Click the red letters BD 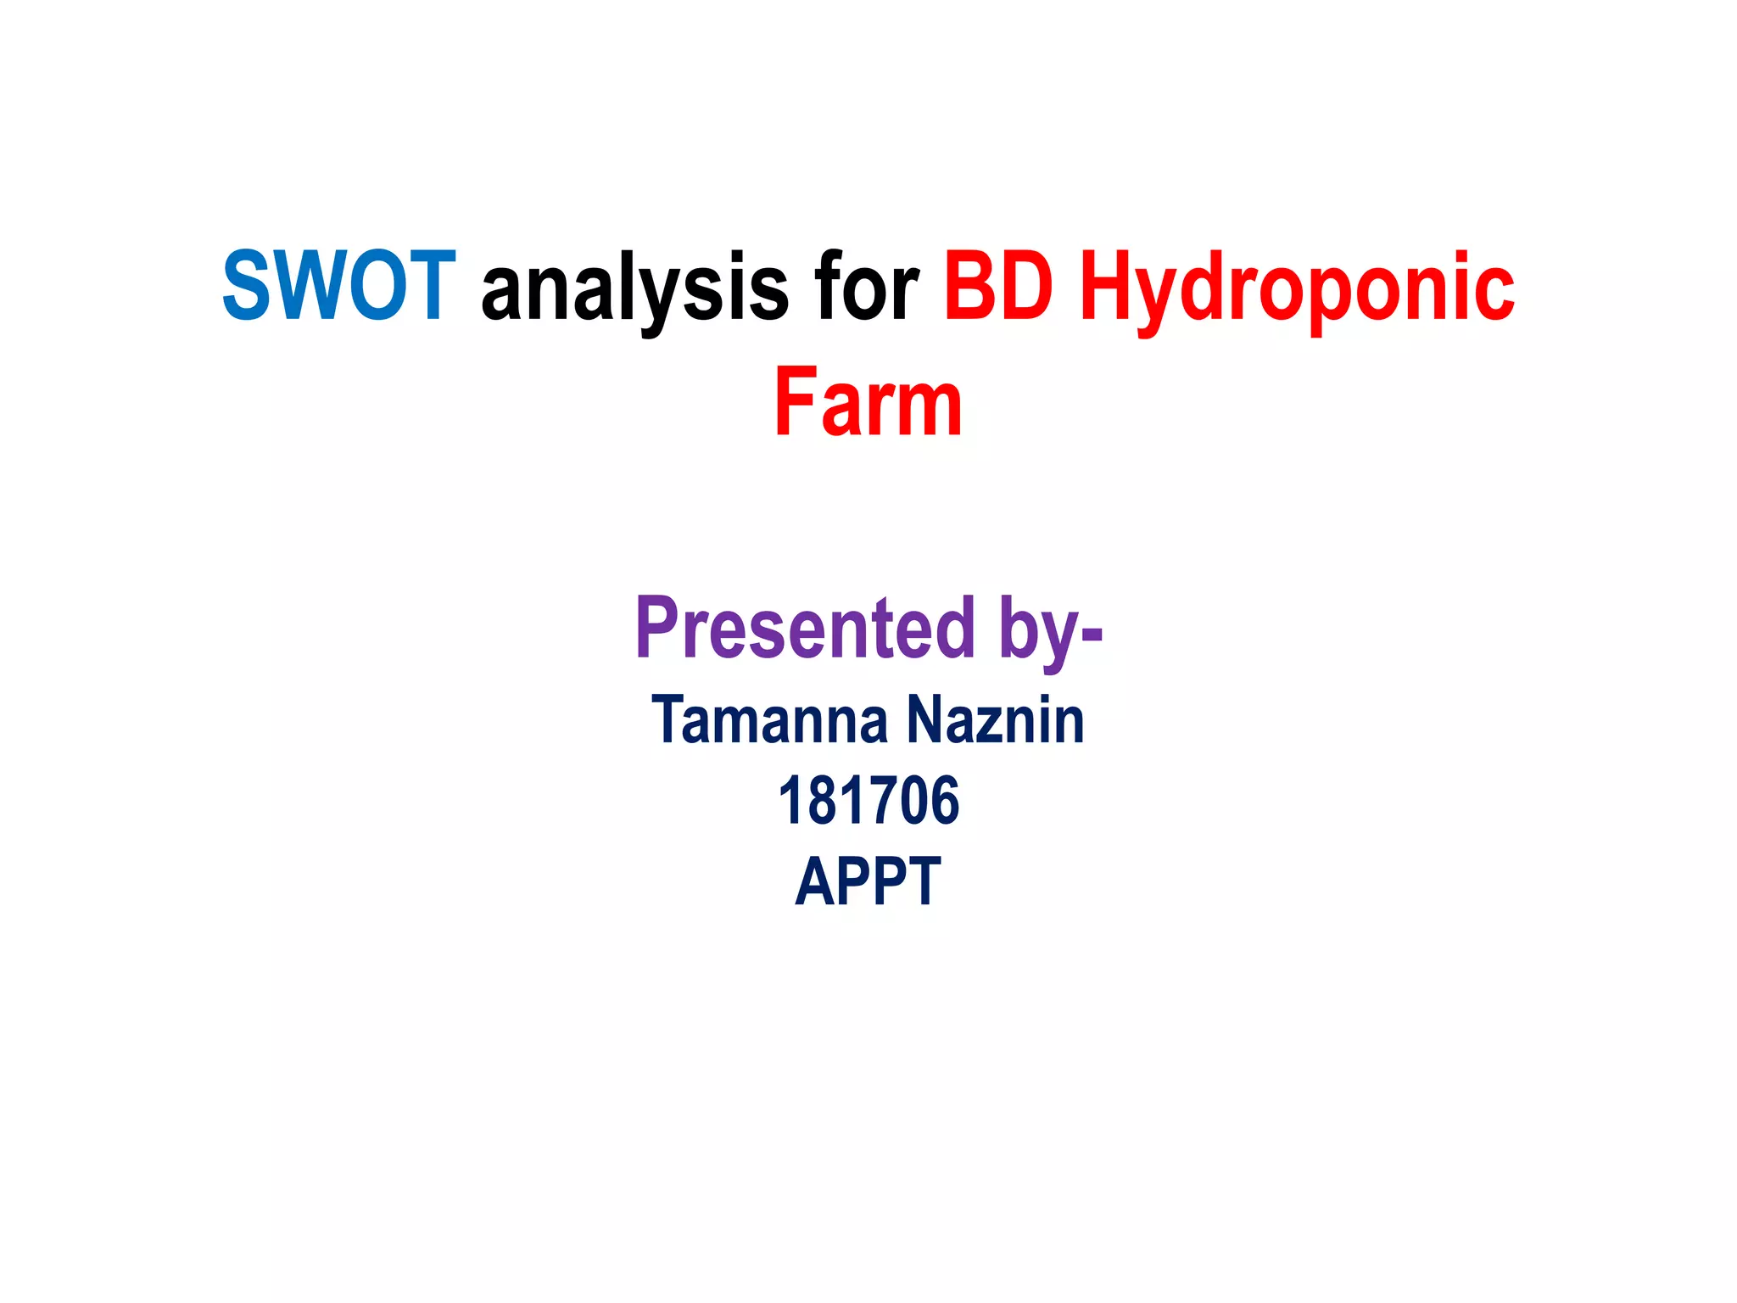pyautogui.click(x=998, y=286)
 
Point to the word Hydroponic pyautogui.click(x=1296, y=288)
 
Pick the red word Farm pyautogui.click(x=868, y=402)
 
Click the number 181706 pyautogui.click(x=868, y=800)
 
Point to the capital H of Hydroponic pyautogui.click(x=1108, y=286)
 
